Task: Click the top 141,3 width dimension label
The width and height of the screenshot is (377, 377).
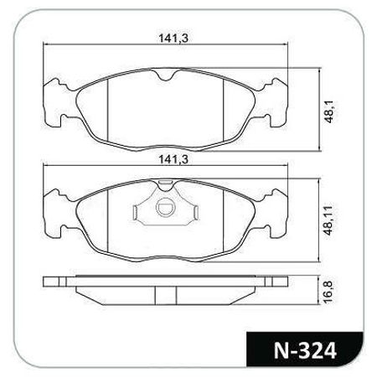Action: pos(173,38)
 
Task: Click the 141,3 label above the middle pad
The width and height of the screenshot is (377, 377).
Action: pos(173,159)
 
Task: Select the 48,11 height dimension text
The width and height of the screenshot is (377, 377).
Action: pos(329,220)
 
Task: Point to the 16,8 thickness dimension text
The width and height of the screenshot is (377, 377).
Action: pos(328,292)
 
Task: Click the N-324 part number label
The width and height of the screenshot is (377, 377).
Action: pos(305,350)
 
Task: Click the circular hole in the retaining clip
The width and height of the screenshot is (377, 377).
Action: pos(165,208)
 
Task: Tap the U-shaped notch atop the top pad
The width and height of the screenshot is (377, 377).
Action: pos(165,75)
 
